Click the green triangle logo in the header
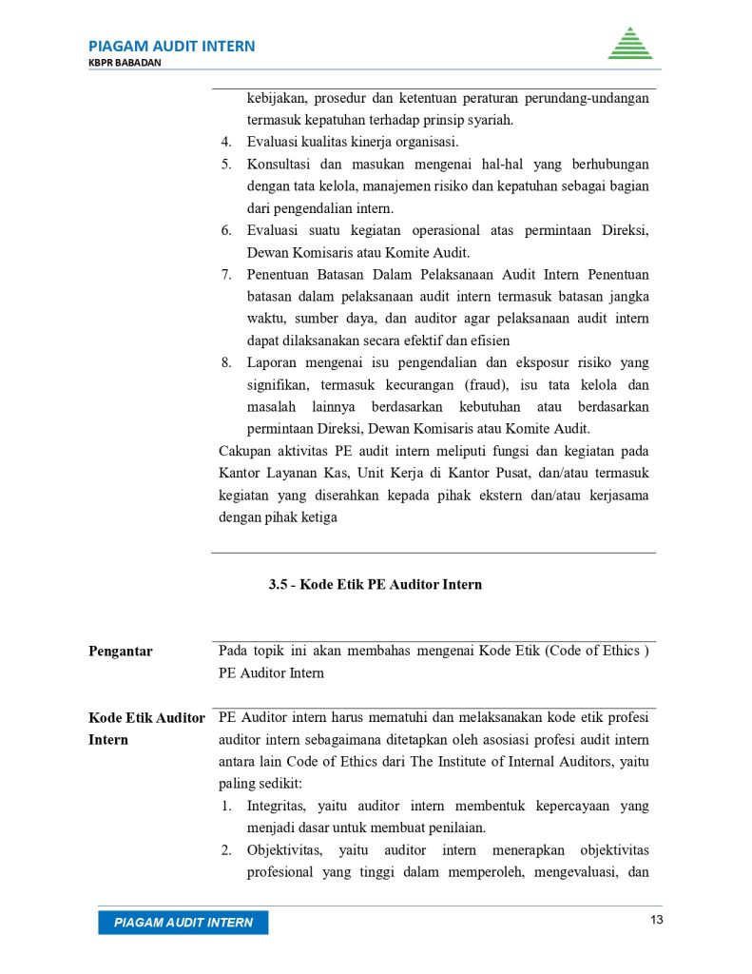click(x=629, y=44)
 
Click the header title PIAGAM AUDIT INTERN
click(x=171, y=46)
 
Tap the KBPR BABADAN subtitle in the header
click(x=125, y=63)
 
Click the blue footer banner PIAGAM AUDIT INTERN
click(x=183, y=923)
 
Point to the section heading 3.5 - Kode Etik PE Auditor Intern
click(x=375, y=584)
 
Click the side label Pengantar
click(x=120, y=652)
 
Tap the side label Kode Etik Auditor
click(x=146, y=718)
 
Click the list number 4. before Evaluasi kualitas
click(x=227, y=143)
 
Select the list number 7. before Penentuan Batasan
click(x=227, y=275)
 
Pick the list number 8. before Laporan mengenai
click(x=227, y=362)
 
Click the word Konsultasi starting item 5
click(x=279, y=165)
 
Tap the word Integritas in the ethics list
click(x=277, y=806)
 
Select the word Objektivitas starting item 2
click(x=284, y=849)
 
